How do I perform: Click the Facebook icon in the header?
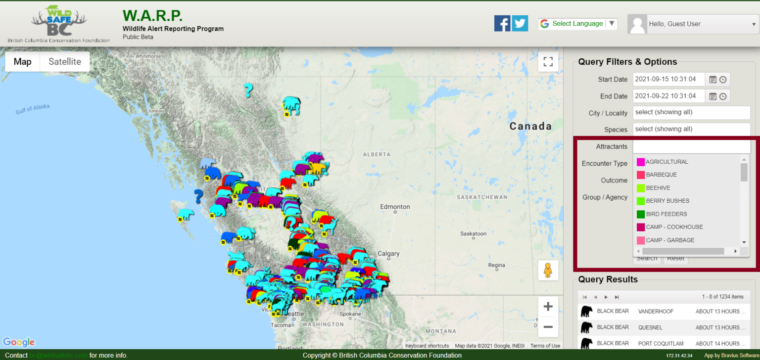502,23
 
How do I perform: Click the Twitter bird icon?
520,23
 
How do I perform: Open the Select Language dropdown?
577,24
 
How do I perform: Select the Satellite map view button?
65,62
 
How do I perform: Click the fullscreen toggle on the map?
548,62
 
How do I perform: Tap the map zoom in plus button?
548,307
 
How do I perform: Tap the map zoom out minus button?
548,326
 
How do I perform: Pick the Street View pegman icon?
548,270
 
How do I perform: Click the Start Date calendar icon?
713,80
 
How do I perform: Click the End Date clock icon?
723,96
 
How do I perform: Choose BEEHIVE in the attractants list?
658,188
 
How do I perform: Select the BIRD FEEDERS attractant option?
666,214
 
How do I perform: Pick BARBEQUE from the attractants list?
661,175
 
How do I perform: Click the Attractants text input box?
691,147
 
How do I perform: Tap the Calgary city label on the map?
388,254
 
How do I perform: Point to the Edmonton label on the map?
395,207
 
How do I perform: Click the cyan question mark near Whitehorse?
248,90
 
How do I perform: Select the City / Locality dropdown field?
691,112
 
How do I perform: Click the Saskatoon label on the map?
474,233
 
